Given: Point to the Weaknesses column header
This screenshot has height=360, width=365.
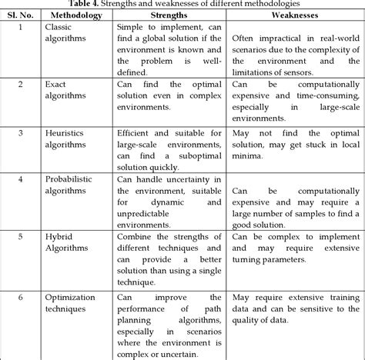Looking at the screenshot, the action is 296,14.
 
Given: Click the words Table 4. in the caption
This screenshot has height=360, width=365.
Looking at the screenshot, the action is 94,4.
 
